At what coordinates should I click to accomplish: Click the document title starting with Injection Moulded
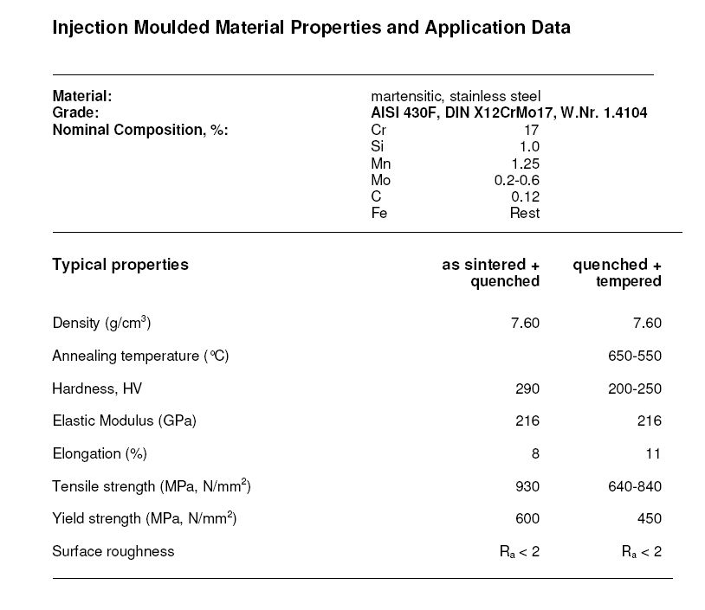311,28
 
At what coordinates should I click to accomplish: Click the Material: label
82,96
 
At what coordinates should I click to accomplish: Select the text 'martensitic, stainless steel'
456,96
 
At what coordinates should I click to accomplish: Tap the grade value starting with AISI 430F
509,113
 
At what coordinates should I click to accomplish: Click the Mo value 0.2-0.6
516,180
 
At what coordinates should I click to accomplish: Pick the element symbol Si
377,147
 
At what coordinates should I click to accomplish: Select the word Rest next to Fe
524,213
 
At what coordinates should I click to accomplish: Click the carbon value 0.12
525,196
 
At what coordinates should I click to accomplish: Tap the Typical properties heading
120,265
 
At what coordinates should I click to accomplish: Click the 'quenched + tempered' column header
618,273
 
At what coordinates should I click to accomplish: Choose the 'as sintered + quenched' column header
490,273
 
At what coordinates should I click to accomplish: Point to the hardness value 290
527,389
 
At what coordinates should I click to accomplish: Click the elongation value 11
652,453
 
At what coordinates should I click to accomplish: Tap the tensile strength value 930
527,486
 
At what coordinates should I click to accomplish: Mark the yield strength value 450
649,519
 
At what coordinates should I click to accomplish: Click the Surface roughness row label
113,551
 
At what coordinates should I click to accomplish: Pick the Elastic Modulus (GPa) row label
125,421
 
